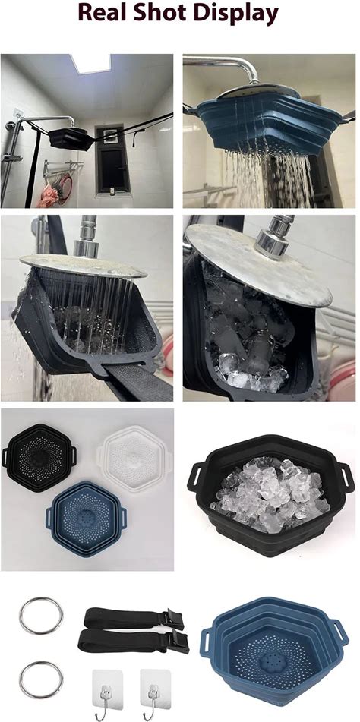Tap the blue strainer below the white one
[x=86, y=519]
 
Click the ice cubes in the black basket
[x=270, y=493]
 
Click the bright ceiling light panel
[x=91, y=63]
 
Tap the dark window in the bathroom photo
[x=109, y=159]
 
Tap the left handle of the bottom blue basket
[x=207, y=642]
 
